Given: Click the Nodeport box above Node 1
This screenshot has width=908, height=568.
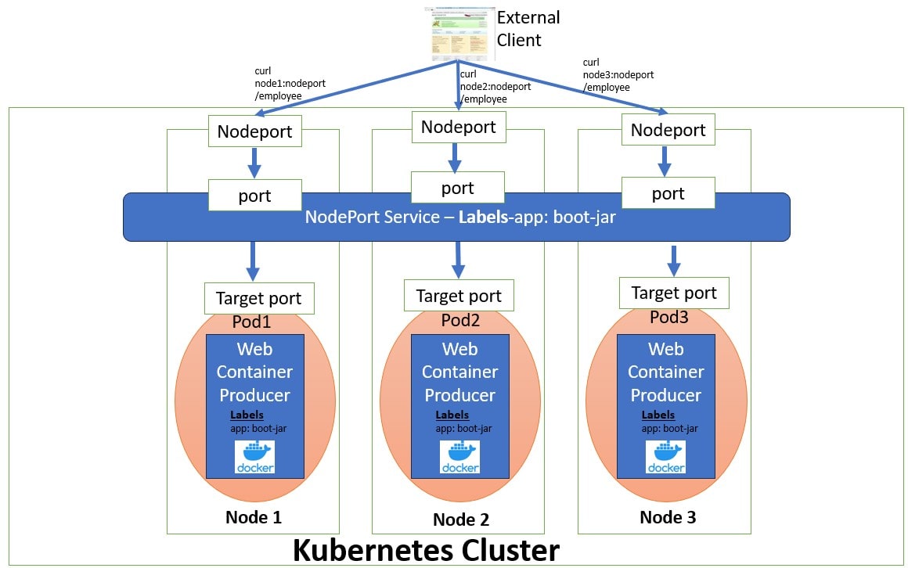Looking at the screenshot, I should click(x=254, y=131).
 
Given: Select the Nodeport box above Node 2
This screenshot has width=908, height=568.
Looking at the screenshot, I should click(x=458, y=127).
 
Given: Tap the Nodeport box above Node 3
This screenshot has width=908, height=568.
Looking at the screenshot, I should click(x=668, y=130).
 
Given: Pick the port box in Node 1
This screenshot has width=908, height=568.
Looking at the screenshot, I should click(x=254, y=195).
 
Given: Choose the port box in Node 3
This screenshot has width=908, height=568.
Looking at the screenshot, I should click(x=668, y=193).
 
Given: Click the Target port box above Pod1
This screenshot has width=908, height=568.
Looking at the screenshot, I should click(x=258, y=299).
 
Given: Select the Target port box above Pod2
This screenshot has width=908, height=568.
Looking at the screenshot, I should click(x=458, y=296).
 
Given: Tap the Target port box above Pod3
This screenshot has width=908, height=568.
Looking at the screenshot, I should click(x=673, y=293).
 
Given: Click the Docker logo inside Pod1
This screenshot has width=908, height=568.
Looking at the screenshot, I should click(x=254, y=457).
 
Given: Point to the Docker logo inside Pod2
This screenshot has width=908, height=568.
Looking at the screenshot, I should click(x=459, y=457).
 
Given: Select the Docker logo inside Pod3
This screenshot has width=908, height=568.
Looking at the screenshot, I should click(x=665, y=457).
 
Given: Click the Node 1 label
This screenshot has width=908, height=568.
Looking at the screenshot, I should click(x=253, y=517).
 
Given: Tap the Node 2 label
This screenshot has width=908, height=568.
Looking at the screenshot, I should click(x=460, y=519).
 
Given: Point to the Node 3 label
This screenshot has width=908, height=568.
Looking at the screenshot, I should click(x=667, y=517).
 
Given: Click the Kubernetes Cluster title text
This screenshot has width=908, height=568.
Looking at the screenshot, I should click(x=426, y=551).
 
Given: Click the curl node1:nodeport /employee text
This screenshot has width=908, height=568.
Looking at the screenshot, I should click(x=278, y=84).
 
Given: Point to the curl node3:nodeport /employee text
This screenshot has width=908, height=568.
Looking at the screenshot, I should click(x=618, y=75).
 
